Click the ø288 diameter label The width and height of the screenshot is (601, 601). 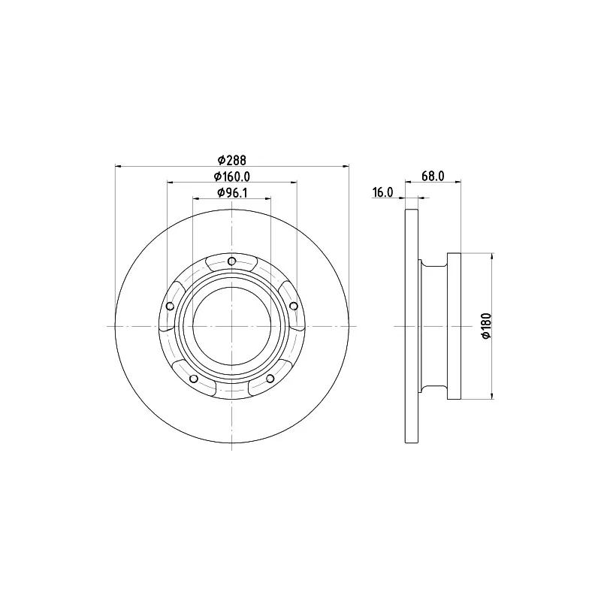(x=232, y=159)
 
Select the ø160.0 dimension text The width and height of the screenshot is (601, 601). (x=232, y=177)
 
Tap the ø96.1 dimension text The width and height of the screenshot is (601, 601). (x=232, y=193)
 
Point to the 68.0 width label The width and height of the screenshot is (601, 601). (x=433, y=176)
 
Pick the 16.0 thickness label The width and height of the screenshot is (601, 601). (x=382, y=192)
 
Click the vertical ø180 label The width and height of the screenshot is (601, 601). (x=486, y=326)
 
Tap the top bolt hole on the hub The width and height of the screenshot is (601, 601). (x=231, y=261)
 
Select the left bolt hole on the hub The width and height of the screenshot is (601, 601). (x=170, y=307)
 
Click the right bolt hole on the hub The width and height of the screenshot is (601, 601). (x=294, y=306)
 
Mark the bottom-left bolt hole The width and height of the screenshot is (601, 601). (x=194, y=379)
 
